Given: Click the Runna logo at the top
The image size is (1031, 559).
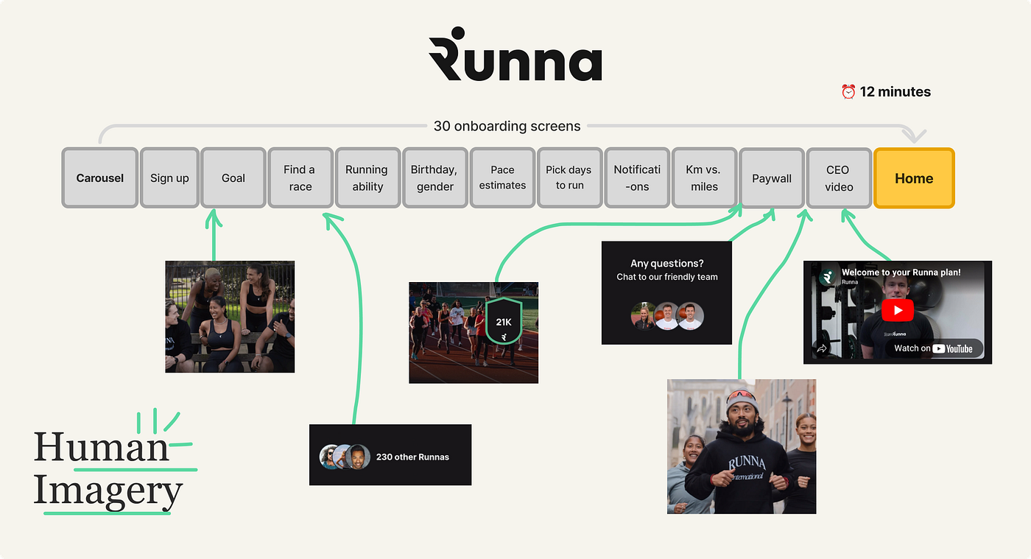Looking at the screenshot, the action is pos(515,55).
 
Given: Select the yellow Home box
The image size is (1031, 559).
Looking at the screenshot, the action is pos(913,178).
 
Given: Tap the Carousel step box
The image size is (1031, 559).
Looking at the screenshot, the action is pos(100,178).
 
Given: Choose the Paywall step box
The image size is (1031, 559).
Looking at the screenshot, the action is pos(771,178).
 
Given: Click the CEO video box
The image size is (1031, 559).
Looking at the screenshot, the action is pos(838,178).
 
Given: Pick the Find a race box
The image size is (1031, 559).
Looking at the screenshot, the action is pos(300,178).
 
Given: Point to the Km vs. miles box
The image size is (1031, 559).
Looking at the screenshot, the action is pos(704,178).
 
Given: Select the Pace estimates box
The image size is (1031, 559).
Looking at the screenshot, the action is pos(502,178).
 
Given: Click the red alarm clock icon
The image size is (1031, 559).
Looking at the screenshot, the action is pos(848,92).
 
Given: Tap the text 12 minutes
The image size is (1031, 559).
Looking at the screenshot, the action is pos(895,92).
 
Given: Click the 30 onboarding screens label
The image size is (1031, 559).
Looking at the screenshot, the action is pos(507,126).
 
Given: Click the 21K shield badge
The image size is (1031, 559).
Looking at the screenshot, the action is pos(503,322).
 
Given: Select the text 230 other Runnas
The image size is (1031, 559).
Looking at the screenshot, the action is pos(412,457).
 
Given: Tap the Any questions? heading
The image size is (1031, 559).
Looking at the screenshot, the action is pos(667,263).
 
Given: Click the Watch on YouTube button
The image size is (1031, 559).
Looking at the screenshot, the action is pos(933,348).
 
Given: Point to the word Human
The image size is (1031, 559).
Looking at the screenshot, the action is pos(101,447).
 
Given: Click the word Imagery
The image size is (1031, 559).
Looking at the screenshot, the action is pos(108,491).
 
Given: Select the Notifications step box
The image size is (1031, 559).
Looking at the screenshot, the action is pos(637,178).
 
